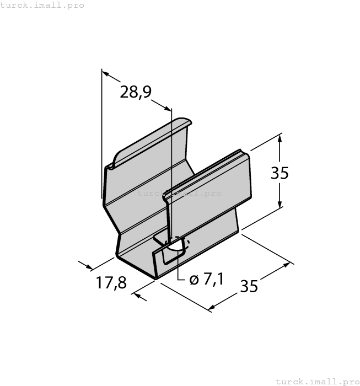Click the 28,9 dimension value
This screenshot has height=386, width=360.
click(x=136, y=92)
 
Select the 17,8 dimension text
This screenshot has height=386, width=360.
click(x=111, y=283)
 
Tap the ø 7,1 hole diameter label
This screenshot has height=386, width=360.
click(x=206, y=280)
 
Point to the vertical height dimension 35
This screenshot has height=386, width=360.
click(x=280, y=173)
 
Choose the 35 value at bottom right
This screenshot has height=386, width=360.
click(x=249, y=286)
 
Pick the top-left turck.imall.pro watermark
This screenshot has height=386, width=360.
click(x=42, y=5)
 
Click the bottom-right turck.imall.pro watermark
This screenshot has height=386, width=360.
click(x=316, y=381)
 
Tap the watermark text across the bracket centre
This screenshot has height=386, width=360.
click(x=179, y=193)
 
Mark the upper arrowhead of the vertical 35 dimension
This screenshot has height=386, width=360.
click(x=280, y=137)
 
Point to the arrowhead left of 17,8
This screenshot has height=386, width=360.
click(x=88, y=266)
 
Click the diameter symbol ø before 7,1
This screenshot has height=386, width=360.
click(x=194, y=280)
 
